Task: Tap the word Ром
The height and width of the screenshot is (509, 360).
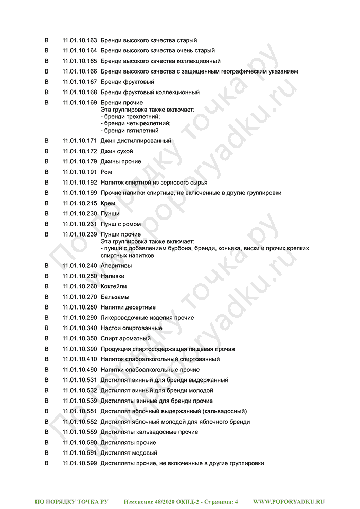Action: [106, 172]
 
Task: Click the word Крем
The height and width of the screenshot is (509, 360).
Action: [108, 203]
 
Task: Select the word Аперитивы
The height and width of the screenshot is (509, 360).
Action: [116, 266]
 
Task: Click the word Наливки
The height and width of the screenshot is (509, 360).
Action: [113, 276]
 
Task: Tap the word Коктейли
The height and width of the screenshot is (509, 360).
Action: [114, 286]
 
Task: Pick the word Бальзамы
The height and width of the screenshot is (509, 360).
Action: [115, 297]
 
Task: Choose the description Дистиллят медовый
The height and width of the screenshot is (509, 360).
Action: [129, 453]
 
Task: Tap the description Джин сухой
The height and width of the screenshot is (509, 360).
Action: [117, 151]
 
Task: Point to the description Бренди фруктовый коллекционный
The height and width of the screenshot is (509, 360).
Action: [150, 92]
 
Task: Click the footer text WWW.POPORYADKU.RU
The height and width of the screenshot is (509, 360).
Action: [289, 501]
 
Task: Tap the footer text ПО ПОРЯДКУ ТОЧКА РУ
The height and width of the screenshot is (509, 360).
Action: [71, 501]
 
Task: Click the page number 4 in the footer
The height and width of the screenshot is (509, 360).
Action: [236, 501]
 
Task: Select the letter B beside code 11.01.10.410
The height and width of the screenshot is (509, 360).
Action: [47, 359]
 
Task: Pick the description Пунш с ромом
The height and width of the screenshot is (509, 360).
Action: [121, 224]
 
